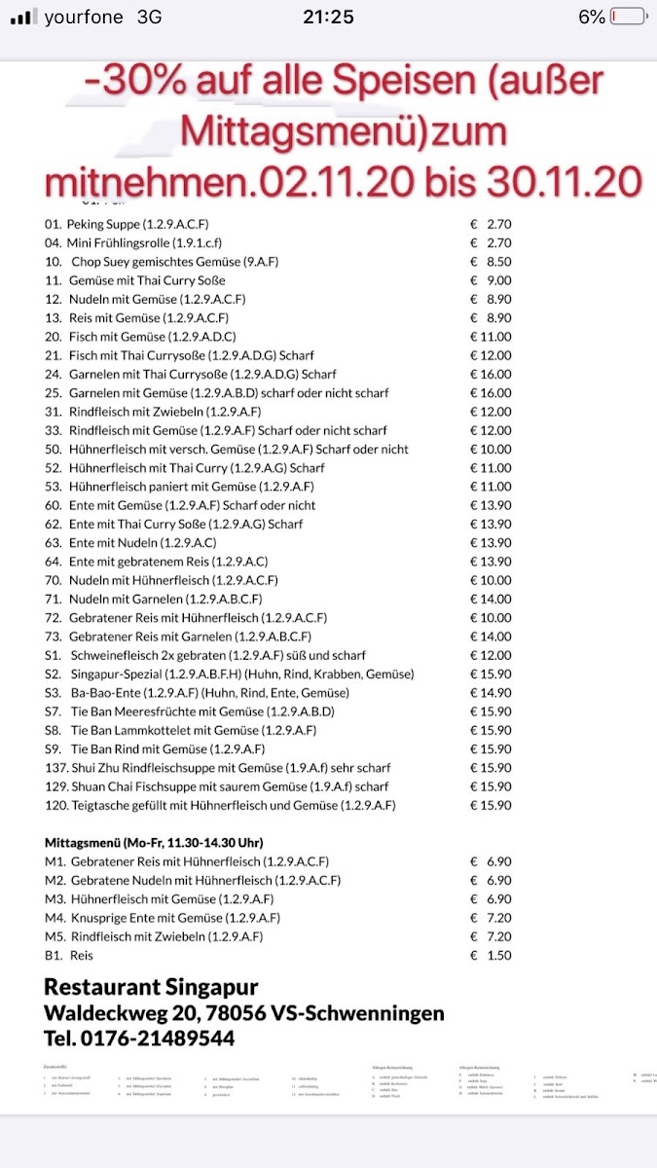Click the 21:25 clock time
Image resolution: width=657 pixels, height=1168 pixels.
(328, 17)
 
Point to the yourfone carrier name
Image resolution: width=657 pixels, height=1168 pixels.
(84, 17)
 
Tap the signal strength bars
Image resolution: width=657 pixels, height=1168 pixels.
(21, 17)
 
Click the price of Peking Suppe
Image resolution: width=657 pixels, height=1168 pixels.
(491, 224)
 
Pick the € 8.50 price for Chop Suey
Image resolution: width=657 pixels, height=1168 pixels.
(491, 262)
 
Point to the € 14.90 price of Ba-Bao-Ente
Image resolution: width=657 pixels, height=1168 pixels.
(491, 693)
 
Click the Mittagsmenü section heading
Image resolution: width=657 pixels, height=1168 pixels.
(154, 843)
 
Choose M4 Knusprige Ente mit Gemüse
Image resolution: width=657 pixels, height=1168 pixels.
(163, 918)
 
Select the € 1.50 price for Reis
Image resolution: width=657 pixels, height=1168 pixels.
(491, 956)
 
